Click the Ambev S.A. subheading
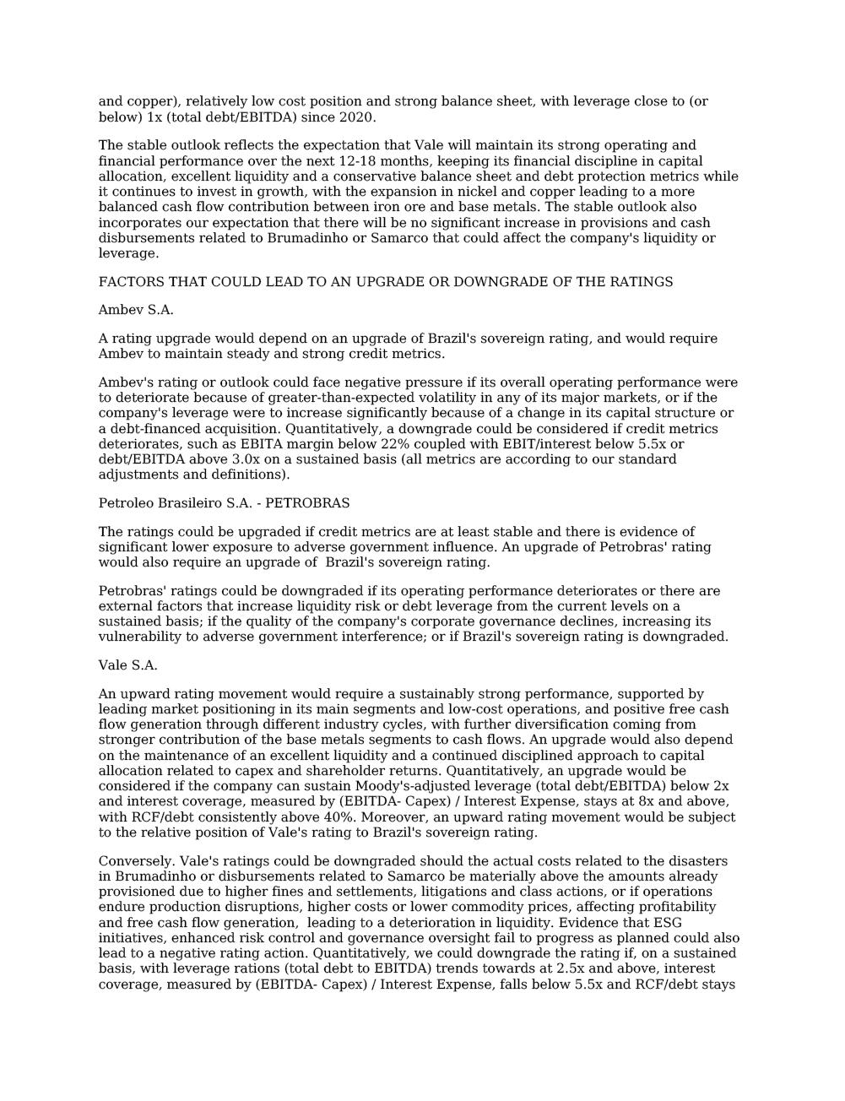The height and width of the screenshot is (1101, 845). pyautogui.click(x=136, y=310)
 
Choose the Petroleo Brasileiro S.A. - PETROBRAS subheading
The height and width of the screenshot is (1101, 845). pyautogui.click(x=224, y=503)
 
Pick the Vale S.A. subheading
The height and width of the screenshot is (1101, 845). pyautogui.click(x=127, y=665)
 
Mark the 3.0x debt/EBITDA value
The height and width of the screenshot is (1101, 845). pyautogui.click(x=238, y=459)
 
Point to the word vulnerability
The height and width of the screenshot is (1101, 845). pyautogui.click(x=138, y=637)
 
